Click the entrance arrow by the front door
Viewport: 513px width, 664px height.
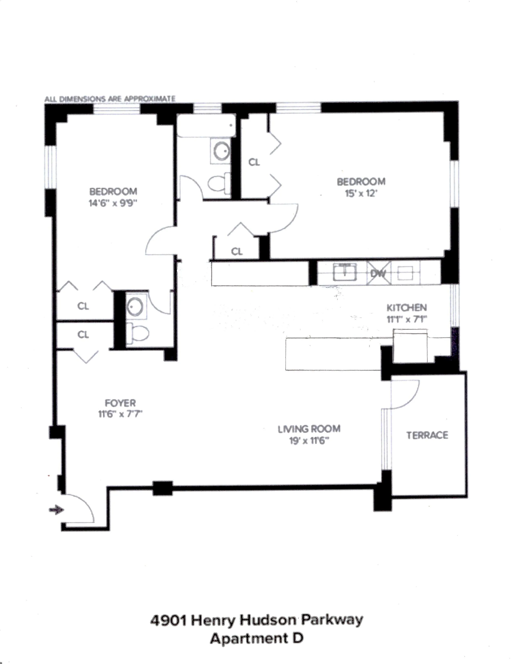(57, 509)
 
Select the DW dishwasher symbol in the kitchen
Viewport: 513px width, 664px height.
(378, 273)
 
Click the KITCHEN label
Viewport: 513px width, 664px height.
(406, 308)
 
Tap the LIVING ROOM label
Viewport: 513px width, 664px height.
(309, 429)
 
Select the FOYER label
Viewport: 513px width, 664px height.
(120, 403)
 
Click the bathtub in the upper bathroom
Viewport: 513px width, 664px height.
(206, 126)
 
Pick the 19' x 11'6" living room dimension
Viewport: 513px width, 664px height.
(309, 440)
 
